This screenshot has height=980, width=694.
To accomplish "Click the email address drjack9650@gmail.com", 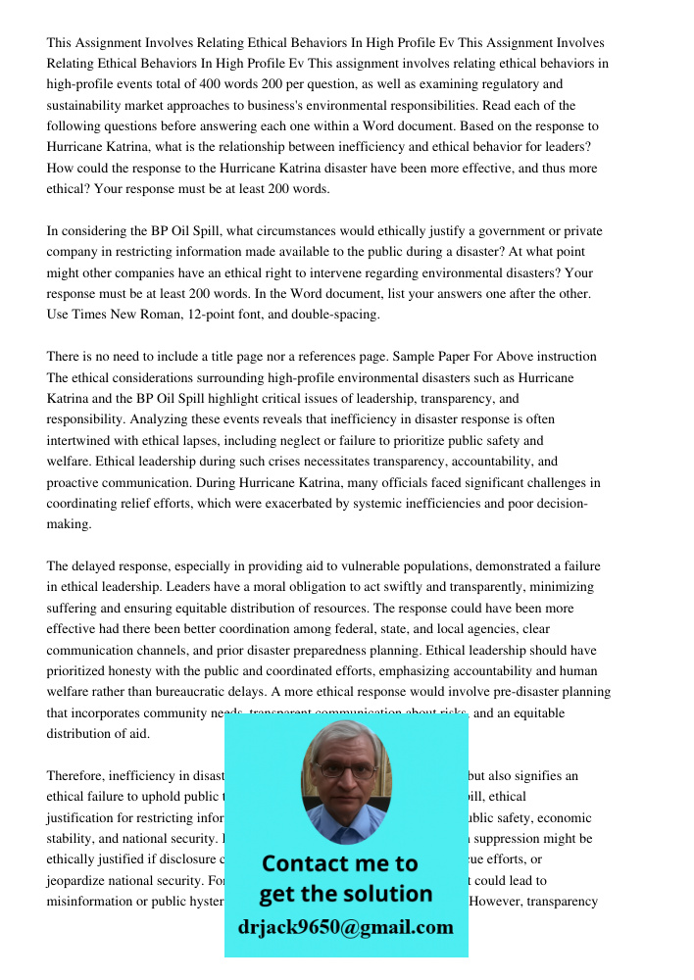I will (345, 927).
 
